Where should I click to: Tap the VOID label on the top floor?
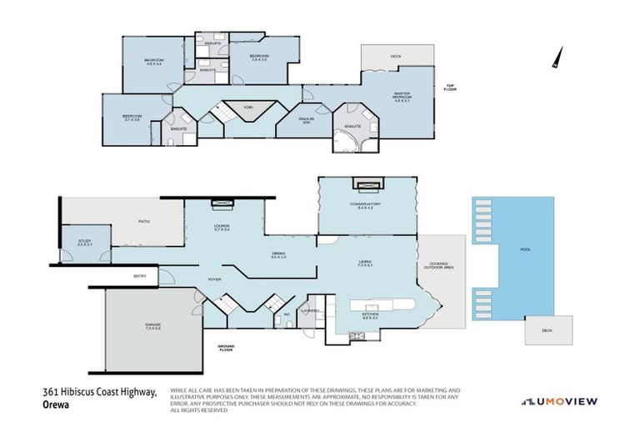pyautogui.click(x=247, y=107)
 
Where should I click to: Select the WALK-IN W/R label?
pyautogui.click(x=307, y=120)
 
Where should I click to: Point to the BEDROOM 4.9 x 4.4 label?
pyautogui.click(x=154, y=62)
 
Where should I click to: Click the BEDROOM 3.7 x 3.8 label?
pyautogui.click(x=132, y=118)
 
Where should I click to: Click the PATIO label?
pyautogui.click(x=143, y=221)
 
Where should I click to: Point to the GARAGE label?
pyautogui.click(x=151, y=328)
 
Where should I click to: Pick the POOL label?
pyautogui.click(x=525, y=250)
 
